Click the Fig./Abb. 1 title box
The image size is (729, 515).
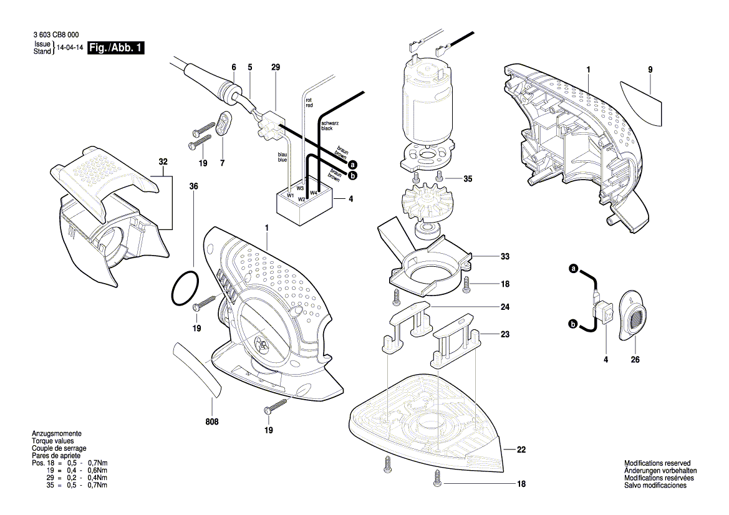tap(116, 48)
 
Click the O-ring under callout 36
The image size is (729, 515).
tap(185, 288)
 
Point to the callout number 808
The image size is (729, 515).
tap(213, 422)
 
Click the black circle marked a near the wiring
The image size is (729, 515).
tap(352, 165)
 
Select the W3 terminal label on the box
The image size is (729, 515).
tap(300, 188)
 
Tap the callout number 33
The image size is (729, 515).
tap(505, 256)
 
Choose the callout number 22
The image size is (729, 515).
tap(521, 450)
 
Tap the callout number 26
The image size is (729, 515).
tap(635, 360)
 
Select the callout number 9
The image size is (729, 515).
tap(650, 70)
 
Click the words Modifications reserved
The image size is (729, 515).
tap(657, 464)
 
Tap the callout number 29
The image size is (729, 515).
tap(276, 67)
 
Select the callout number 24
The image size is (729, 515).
tap(505, 307)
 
